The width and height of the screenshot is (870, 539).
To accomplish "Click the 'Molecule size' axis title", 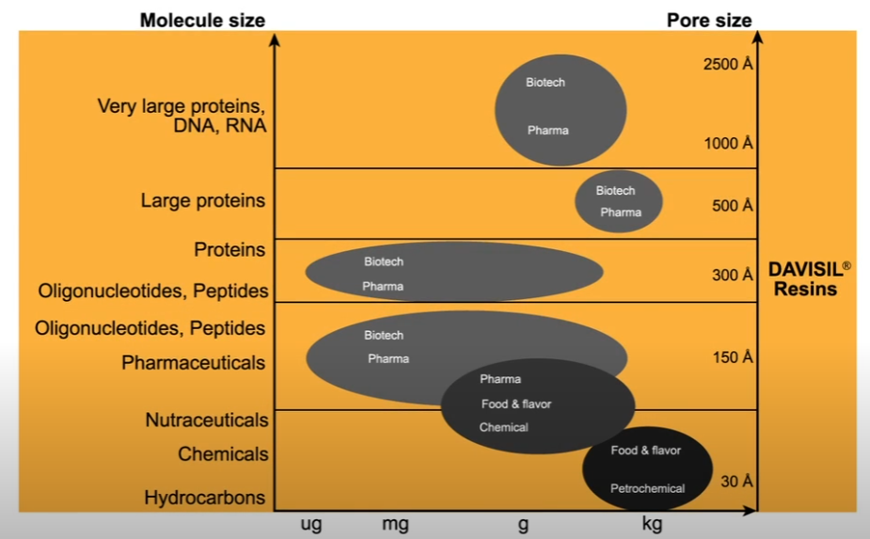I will pyautogui.click(x=202, y=20).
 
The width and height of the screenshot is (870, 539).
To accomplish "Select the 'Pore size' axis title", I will pyautogui.click(x=709, y=20).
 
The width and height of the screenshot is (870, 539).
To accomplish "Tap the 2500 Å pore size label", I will pyautogui.click(x=728, y=65).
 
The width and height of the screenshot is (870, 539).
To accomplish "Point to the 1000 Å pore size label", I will pyautogui.click(x=728, y=144).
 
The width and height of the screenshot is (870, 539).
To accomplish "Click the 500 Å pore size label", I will pyautogui.click(x=733, y=206).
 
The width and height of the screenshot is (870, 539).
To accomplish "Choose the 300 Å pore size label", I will pyautogui.click(x=733, y=276).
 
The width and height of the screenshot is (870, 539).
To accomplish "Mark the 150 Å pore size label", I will pyautogui.click(x=733, y=357).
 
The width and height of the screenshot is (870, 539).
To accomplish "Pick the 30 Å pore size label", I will pyautogui.click(x=736, y=482).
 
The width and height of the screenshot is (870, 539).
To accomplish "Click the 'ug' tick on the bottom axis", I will pyautogui.click(x=310, y=525).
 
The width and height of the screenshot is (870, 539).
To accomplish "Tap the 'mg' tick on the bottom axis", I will pyautogui.click(x=395, y=525).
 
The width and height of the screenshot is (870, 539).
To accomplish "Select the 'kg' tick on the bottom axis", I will pyautogui.click(x=652, y=525).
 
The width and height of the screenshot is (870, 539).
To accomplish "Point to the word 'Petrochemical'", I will pyautogui.click(x=647, y=488).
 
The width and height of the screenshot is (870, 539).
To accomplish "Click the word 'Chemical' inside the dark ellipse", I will pyautogui.click(x=503, y=427).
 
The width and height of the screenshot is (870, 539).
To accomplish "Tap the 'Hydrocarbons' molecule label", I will pyautogui.click(x=204, y=498).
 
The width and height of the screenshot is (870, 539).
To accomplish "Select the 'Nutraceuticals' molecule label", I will pyautogui.click(x=206, y=420).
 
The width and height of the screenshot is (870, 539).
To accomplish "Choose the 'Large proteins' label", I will pyautogui.click(x=202, y=200).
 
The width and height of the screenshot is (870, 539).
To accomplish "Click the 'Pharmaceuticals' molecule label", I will pyautogui.click(x=193, y=363).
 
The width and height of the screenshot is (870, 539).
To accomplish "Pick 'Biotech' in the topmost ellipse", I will pyautogui.click(x=546, y=83).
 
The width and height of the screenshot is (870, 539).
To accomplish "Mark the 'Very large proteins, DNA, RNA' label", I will pyautogui.click(x=182, y=116).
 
